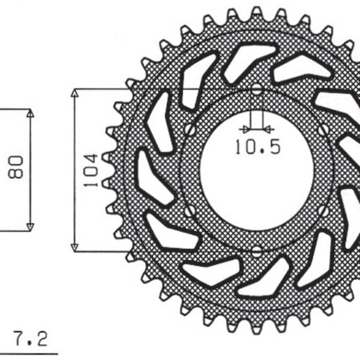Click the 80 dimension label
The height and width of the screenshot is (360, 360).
[16, 168]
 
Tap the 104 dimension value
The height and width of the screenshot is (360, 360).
[90, 170]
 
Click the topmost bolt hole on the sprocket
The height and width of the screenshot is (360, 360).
[257, 90]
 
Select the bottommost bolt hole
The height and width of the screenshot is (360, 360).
[257, 250]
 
